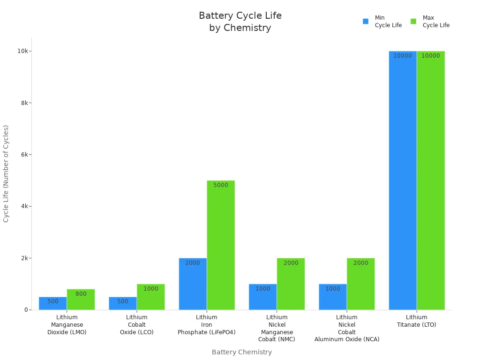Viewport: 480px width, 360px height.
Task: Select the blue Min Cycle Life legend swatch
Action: click(x=366, y=22)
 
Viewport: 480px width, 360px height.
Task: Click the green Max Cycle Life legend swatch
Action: click(x=413, y=22)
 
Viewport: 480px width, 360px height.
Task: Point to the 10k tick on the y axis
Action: click(x=22, y=51)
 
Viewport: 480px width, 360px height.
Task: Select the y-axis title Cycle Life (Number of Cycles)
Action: click(x=6, y=173)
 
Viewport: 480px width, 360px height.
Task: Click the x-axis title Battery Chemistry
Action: click(x=241, y=352)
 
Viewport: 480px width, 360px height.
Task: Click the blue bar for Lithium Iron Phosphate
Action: click(x=193, y=284)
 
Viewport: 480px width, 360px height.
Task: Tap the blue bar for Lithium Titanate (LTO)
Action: click(x=403, y=180)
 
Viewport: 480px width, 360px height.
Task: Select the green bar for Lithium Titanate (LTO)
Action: click(x=431, y=180)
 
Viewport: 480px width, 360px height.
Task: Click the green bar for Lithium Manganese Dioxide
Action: click(x=81, y=300)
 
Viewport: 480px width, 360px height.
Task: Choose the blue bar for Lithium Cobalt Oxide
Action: click(x=123, y=304)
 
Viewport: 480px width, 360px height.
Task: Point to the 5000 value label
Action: click(x=221, y=185)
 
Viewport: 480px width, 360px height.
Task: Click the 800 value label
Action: click(x=81, y=294)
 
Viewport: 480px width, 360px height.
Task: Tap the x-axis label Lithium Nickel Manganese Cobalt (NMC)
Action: click(x=277, y=328)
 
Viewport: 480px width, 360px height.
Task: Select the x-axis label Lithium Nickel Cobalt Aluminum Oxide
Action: click(x=347, y=328)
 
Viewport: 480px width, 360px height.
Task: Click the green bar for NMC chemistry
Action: click(x=291, y=284)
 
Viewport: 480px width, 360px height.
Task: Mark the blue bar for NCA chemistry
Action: click(x=333, y=297)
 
